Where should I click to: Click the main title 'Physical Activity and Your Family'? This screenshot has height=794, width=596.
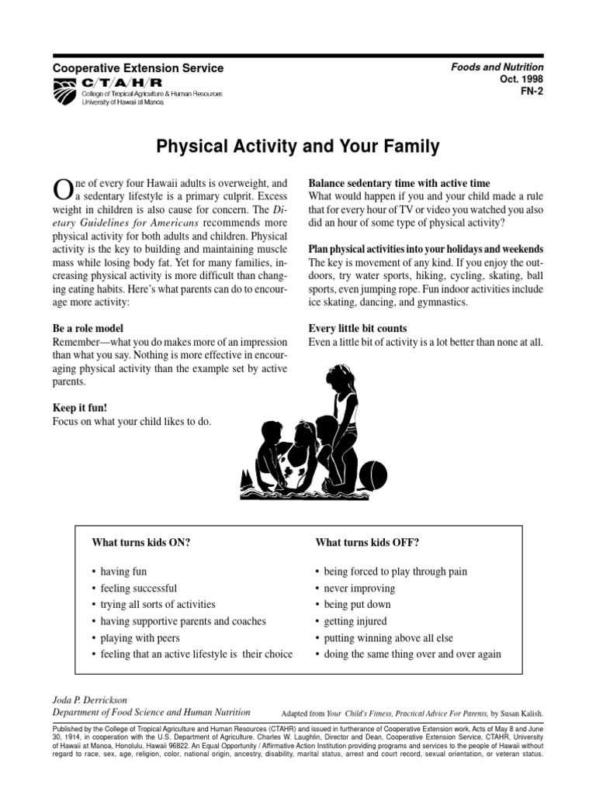tap(298, 146)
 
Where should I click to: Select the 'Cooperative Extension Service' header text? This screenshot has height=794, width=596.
tap(137, 68)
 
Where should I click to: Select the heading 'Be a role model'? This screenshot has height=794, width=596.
tap(88, 328)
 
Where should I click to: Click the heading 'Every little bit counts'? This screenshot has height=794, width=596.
tap(358, 328)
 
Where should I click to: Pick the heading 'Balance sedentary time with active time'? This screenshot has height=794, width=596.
tap(399, 183)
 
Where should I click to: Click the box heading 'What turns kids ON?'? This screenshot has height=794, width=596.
tap(140, 542)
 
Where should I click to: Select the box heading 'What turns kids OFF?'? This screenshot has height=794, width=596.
tap(367, 542)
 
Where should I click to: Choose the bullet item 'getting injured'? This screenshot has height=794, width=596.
tap(355, 621)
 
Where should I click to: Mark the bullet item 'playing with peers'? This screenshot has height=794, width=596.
tap(140, 638)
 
